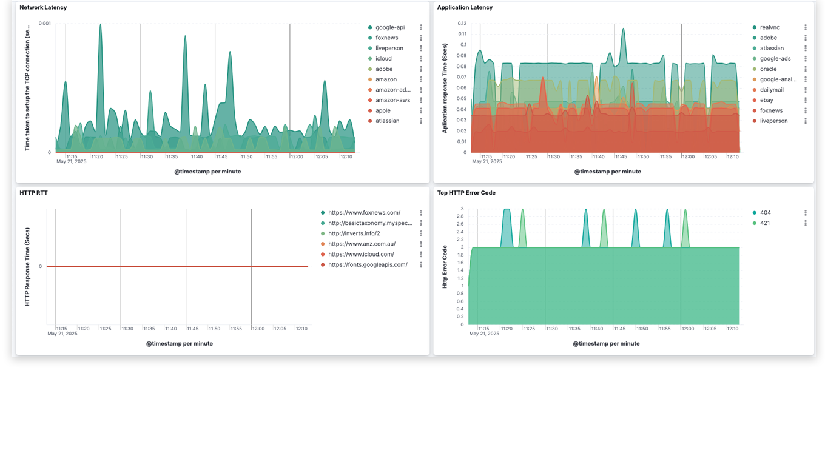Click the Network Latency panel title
43,8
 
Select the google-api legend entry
389,27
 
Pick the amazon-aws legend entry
392,100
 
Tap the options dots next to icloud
421,59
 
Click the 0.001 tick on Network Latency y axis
45,23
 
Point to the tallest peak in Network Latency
100,25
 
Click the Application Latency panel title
465,8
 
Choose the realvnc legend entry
769,27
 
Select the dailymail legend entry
772,90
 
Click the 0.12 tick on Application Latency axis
462,23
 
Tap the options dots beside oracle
806,69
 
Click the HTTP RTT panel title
33,193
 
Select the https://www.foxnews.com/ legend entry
364,213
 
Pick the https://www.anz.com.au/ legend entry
362,244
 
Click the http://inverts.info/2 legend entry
354,233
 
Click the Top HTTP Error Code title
466,193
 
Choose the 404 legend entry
765,213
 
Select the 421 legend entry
765,223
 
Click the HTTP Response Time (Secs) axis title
27,267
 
